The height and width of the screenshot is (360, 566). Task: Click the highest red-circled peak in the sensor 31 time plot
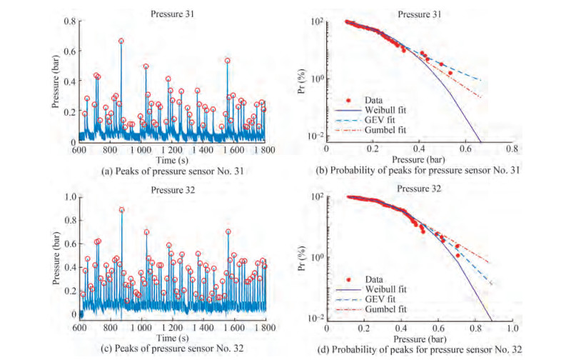121,41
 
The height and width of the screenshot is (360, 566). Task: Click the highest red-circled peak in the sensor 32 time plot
122,210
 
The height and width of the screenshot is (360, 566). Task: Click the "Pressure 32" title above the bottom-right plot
418,189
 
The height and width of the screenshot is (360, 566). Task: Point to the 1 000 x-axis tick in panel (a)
141,151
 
